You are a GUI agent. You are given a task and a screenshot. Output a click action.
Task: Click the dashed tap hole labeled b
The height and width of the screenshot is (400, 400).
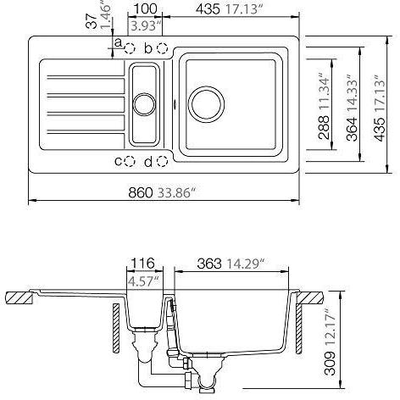(x=163, y=48)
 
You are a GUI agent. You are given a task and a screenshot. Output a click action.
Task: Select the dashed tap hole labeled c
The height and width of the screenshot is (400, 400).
(x=131, y=160)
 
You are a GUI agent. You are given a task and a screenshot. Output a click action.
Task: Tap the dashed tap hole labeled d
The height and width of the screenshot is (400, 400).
(x=162, y=160)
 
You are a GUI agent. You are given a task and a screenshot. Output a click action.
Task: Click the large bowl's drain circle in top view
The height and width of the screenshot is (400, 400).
(x=206, y=102)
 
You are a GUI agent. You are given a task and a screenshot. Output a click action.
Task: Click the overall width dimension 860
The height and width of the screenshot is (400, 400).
(x=140, y=192)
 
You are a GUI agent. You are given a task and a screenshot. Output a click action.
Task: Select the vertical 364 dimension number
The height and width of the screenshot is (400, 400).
(x=353, y=129)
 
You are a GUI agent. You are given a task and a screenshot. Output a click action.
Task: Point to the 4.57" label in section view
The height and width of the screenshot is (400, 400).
(x=143, y=280)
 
